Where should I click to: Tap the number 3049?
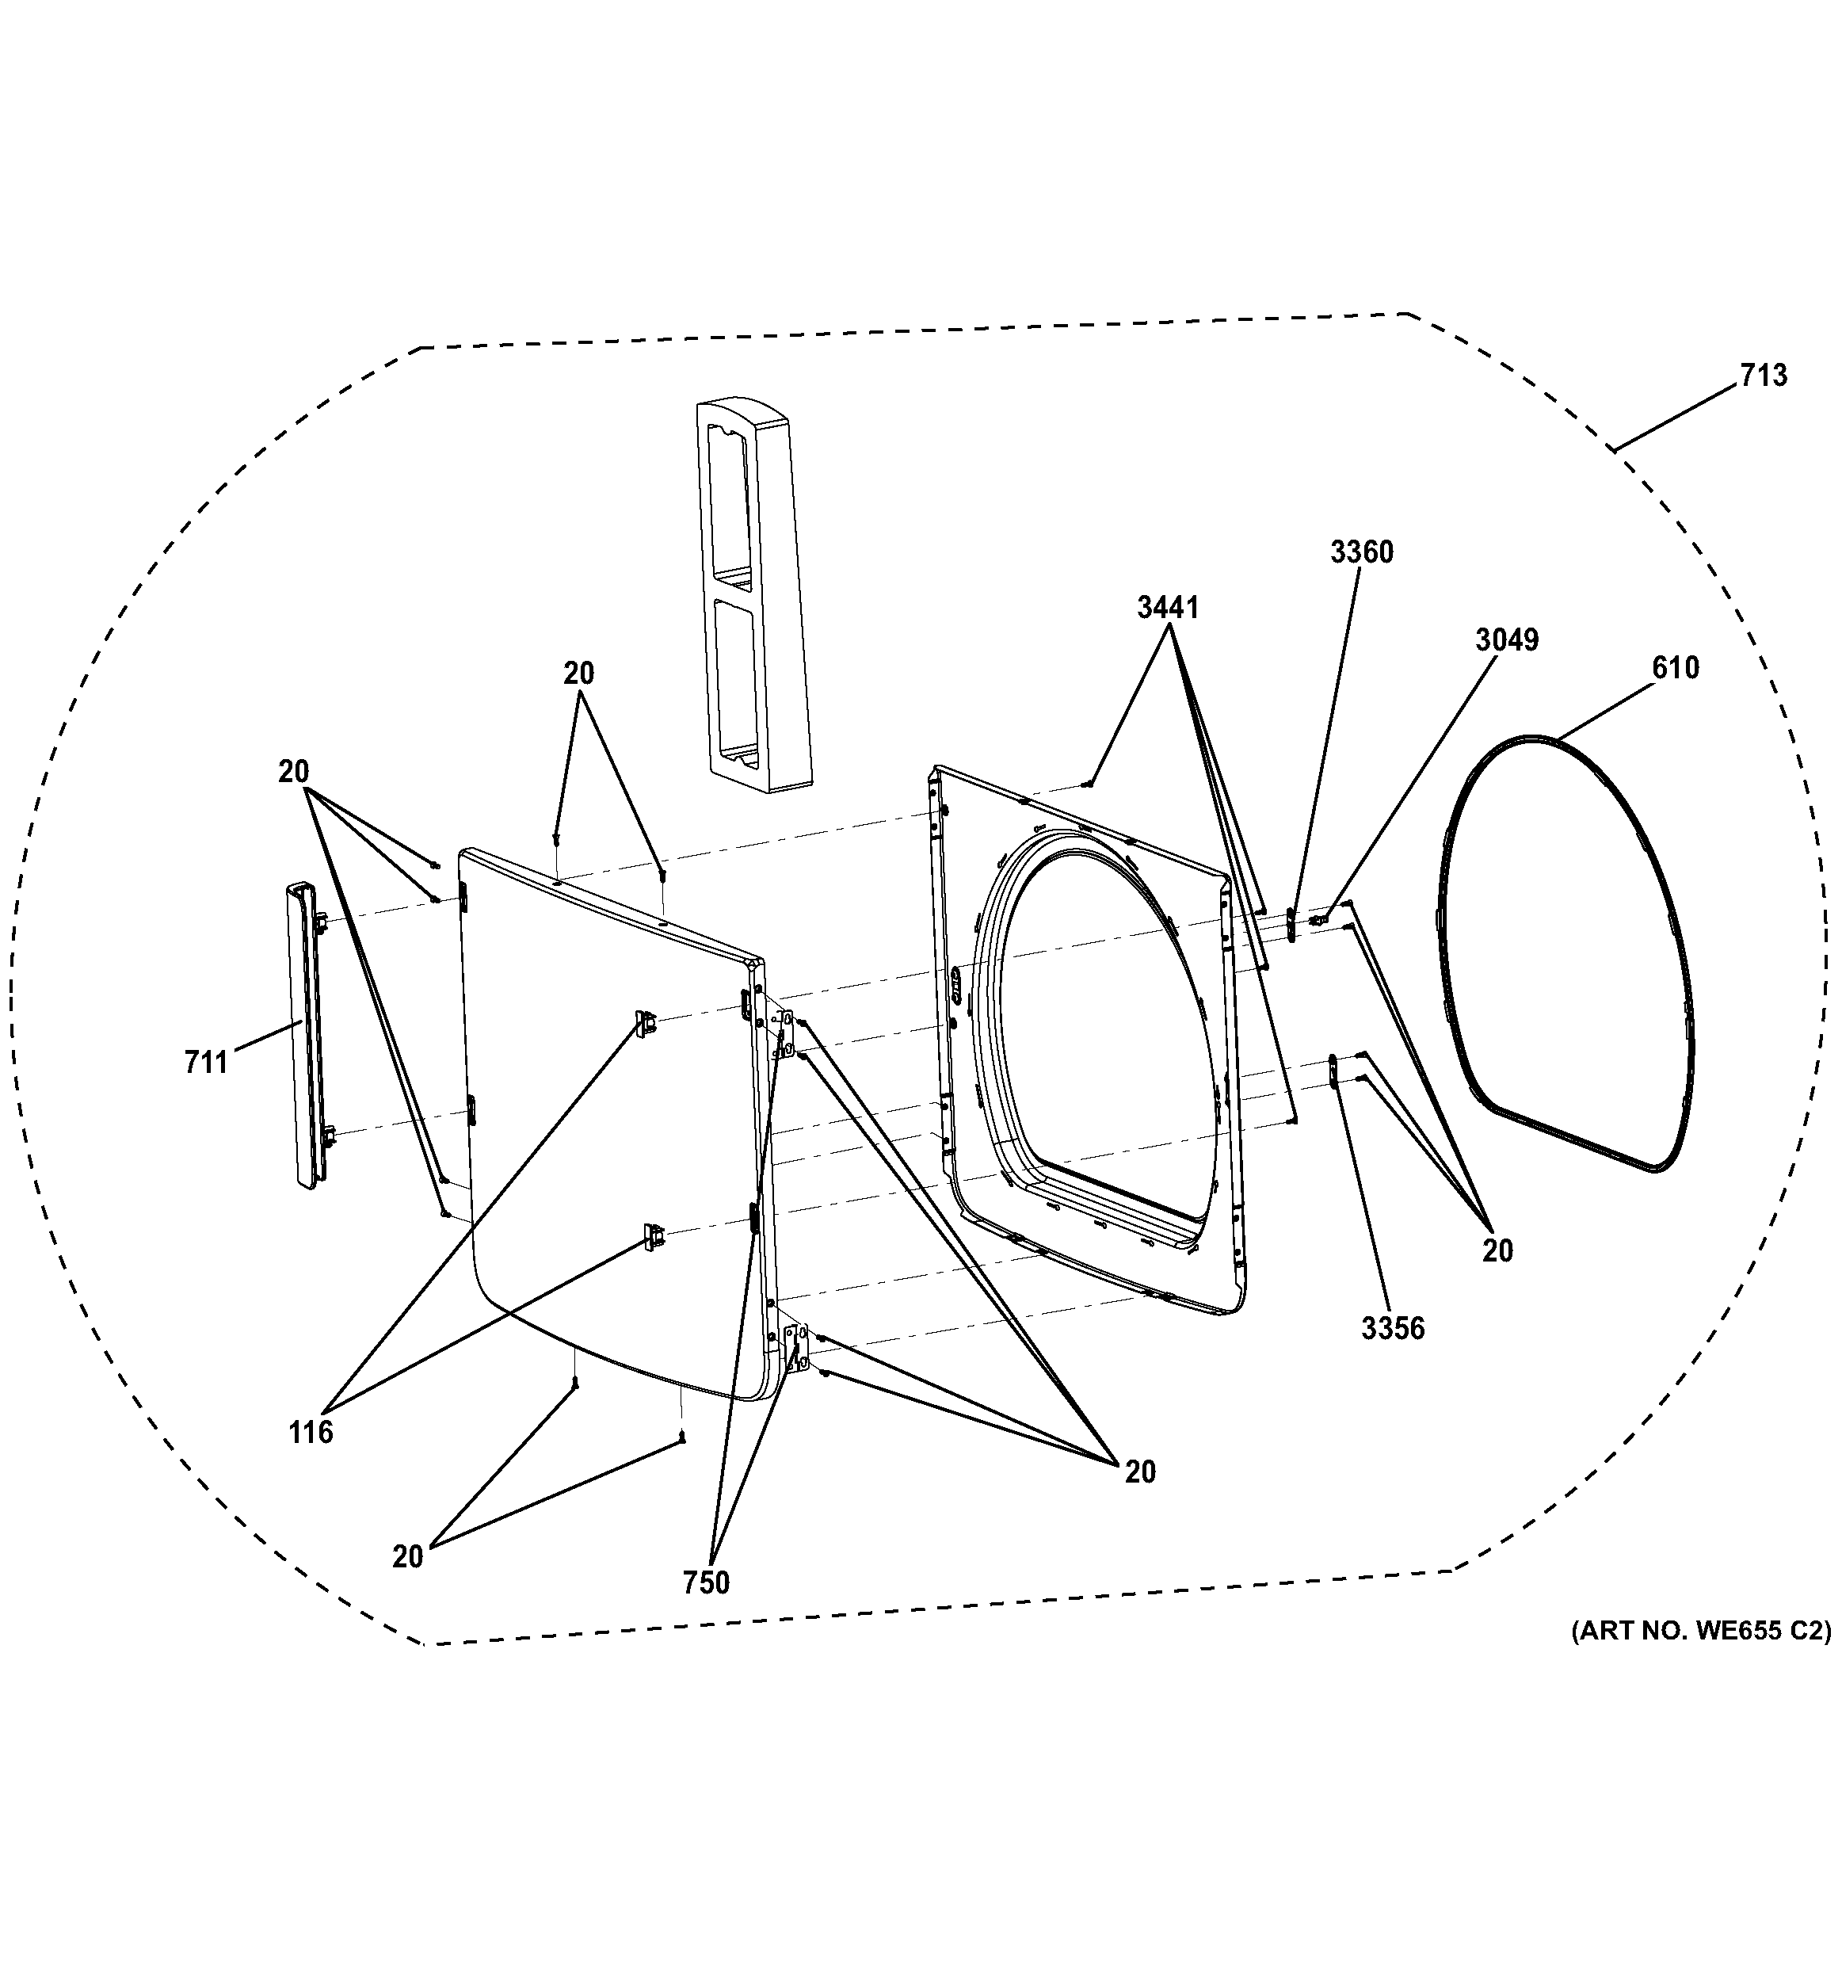pos(1507,640)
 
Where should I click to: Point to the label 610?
pos(1676,668)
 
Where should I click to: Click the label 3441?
pos(1167,608)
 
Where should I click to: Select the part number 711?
pos(205,1063)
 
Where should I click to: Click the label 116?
pos(311,1432)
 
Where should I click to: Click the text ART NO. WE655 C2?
pos(1701,1631)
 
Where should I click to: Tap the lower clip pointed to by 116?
pos(653,1235)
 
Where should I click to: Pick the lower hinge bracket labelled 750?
pos(794,1348)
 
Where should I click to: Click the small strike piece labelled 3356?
pos(1333,1069)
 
